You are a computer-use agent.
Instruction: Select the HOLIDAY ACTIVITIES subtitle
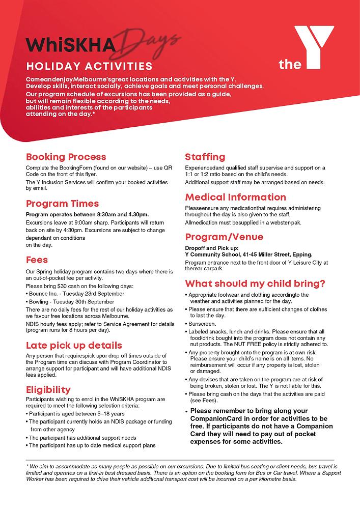(89, 66)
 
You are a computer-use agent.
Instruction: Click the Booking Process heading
(66, 157)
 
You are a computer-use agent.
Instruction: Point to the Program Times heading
(62, 204)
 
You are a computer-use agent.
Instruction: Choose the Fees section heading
(37, 260)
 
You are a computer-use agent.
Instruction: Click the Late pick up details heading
(74, 345)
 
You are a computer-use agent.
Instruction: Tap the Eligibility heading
(48, 390)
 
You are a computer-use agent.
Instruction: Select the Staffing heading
(205, 157)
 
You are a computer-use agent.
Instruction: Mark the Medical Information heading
(235, 197)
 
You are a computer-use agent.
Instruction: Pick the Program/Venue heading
(224, 237)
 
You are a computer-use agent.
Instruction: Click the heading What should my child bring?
(255, 284)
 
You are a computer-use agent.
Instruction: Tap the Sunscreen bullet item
(202, 323)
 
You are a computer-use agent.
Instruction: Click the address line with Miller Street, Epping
(248, 254)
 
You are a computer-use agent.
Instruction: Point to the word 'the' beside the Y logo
(290, 65)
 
